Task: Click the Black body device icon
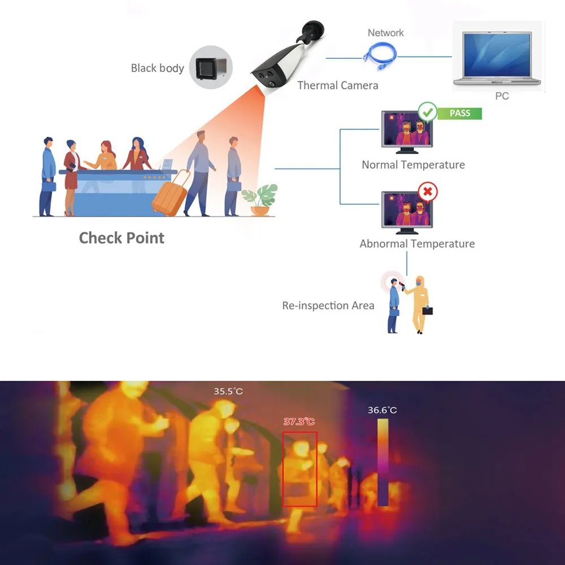211,67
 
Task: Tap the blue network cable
380,53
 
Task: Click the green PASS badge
459,113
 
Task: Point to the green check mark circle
427,111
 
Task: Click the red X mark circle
427,192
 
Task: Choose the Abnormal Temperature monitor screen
407,211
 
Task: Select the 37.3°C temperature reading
299,421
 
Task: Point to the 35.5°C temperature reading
228,391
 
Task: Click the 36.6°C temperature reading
383,410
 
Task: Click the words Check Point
121,238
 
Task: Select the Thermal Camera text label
337,86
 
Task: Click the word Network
386,33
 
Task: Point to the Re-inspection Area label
328,306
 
